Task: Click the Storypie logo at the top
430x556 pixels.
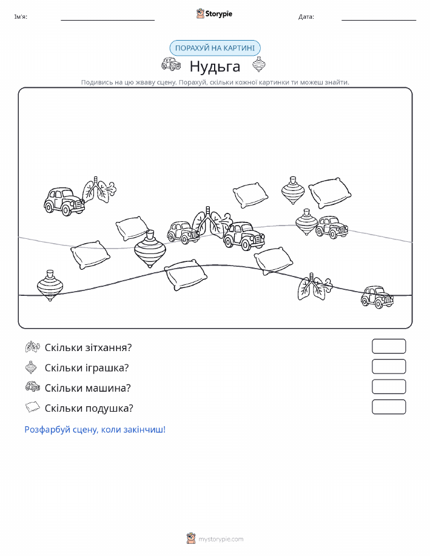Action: click(x=214, y=14)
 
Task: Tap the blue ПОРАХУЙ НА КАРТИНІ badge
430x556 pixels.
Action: click(x=215, y=49)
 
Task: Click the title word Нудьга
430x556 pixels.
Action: click(x=215, y=66)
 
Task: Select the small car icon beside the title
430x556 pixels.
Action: click(x=171, y=64)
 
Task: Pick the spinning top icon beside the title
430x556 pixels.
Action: click(x=259, y=64)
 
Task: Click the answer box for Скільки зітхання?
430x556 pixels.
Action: click(x=389, y=346)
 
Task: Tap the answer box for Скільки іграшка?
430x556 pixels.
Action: click(x=389, y=367)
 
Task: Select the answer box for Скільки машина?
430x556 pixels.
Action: click(x=389, y=387)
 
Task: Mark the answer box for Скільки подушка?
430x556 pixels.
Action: click(x=389, y=407)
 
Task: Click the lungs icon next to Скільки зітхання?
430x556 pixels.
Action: click(x=33, y=347)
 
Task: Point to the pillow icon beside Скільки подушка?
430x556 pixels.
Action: click(x=33, y=407)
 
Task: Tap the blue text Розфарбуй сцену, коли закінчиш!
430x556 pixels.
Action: click(x=95, y=430)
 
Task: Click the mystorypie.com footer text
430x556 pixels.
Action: click(x=221, y=540)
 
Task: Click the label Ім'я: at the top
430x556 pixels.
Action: click(x=21, y=16)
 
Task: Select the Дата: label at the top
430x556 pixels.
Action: click(x=306, y=16)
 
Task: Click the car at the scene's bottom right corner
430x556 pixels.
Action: click(x=377, y=296)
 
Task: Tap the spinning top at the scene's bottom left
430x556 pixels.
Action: click(x=50, y=286)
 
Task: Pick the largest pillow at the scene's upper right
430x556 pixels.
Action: click(x=330, y=193)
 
